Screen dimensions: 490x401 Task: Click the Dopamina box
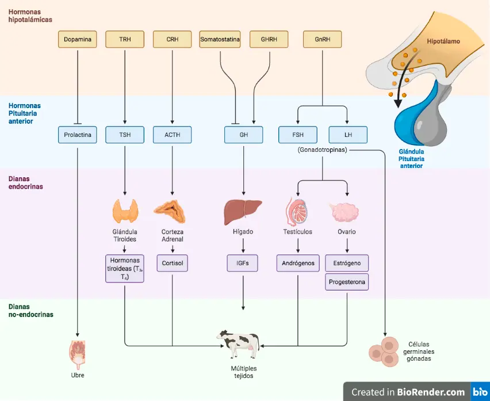[x=78, y=39]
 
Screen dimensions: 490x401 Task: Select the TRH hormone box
[x=125, y=39]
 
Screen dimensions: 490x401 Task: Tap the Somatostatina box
[x=220, y=39]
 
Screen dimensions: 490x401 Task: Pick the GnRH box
[x=323, y=39]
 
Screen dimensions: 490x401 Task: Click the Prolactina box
[x=78, y=135]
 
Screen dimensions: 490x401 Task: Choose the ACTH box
[x=172, y=135]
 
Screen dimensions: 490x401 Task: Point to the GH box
[x=244, y=135]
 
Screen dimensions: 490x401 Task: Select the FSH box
[x=298, y=135]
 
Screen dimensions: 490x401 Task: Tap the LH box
[x=348, y=135]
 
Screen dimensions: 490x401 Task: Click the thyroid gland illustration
[x=125, y=211]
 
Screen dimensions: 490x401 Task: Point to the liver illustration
[x=243, y=212]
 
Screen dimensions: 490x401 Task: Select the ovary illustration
[x=344, y=212]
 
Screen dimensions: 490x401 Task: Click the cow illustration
[x=239, y=344]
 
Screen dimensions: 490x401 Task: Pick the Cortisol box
[x=172, y=263]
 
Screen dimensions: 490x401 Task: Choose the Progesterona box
[x=347, y=282]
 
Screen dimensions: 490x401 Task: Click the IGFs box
[x=243, y=263]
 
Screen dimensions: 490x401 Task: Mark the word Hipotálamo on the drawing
[x=443, y=41]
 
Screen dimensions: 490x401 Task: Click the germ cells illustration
[x=384, y=352]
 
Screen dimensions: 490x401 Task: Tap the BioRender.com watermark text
[x=431, y=392]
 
